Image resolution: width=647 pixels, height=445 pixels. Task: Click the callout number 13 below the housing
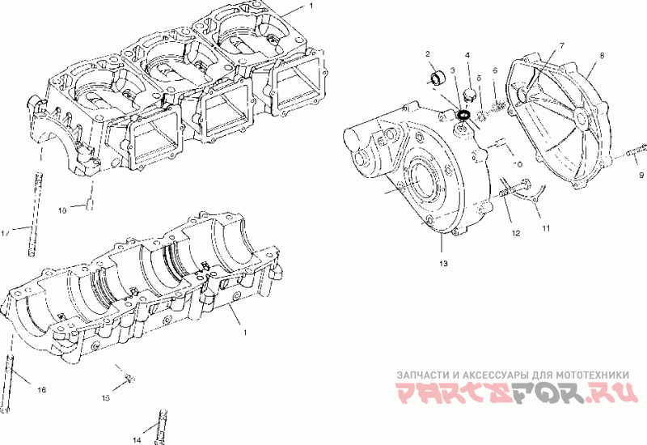[x=442, y=264]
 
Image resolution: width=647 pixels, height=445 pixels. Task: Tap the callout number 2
[x=428, y=54]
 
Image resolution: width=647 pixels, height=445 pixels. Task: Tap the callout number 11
[x=545, y=228]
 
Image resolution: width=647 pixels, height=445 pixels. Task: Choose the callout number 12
[x=514, y=233]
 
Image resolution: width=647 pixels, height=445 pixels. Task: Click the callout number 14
[x=137, y=440]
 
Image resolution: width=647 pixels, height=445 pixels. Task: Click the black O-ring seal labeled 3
[x=464, y=117]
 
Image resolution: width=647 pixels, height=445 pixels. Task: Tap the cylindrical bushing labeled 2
[x=438, y=79]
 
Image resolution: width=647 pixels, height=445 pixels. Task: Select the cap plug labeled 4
[x=467, y=96]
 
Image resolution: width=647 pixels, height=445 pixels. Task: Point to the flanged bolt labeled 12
[x=503, y=193]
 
